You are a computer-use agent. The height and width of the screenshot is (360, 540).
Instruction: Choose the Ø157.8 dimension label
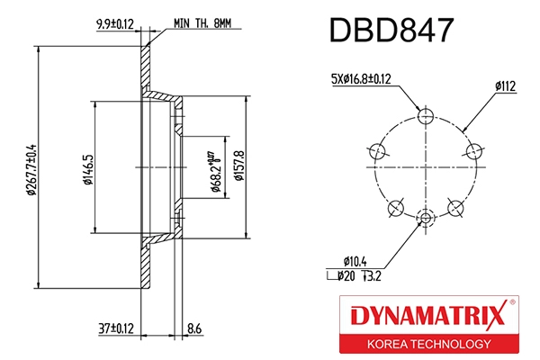pyautogui.click(x=239, y=164)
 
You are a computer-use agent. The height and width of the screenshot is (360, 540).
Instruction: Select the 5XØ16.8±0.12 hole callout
pyautogui.click(x=360, y=79)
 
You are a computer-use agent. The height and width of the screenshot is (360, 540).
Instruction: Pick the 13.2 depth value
pyautogui.click(x=374, y=275)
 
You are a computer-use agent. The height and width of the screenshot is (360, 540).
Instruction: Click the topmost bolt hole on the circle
pyautogui.click(x=427, y=115)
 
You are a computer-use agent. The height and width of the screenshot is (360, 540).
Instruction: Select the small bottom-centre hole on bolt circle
pyautogui.click(x=427, y=215)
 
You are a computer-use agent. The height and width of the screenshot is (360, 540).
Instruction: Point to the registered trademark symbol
pyautogui.click(x=513, y=303)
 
